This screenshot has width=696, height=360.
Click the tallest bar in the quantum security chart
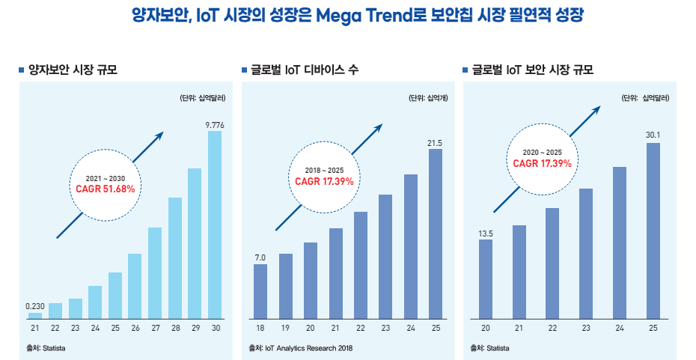point(215,225)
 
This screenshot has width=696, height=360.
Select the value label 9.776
point(215,124)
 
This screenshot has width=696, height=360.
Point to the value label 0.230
point(35,306)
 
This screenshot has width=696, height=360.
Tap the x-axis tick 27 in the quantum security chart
point(155,329)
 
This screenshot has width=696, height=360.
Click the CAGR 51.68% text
point(106,189)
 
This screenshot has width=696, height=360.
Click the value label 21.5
point(435,143)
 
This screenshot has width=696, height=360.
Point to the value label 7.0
point(260,257)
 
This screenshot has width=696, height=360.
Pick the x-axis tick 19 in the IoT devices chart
point(285,329)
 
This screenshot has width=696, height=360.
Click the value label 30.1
point(653,135)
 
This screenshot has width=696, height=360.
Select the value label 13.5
point(486,234)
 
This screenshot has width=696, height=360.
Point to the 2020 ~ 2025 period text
point(542,153)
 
